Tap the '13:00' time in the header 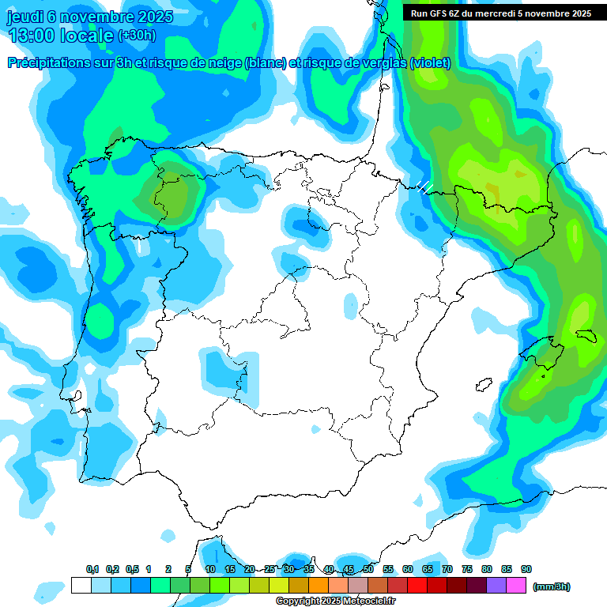click(32, 36)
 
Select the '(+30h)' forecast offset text click(137, 36)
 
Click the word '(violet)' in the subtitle click(431, 62)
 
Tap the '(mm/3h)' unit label click(552, 586)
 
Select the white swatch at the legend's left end click(81, 586)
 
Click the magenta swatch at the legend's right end click(517, 586)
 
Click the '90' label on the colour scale click(526, 569)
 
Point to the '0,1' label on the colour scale click(92, 569)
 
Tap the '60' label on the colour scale click(408, 569)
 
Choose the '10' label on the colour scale click(210, 569)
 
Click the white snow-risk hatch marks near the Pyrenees click(425, 187)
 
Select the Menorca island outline click(586, 335)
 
